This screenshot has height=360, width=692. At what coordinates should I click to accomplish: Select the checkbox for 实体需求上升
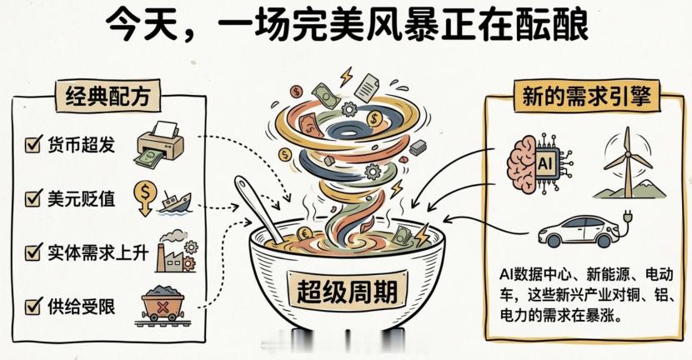tap(33, 251)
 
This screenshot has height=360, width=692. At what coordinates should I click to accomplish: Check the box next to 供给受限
tap(33, 306)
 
